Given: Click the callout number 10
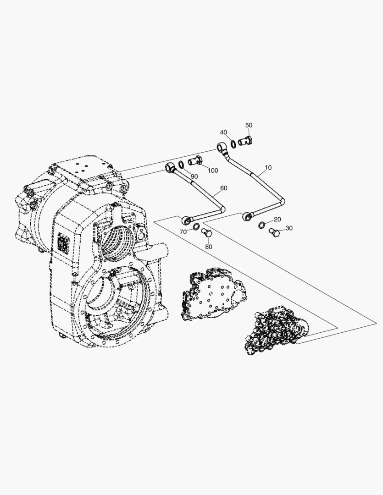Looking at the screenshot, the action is pos(268,167).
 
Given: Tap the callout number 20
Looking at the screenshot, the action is pos(277,220).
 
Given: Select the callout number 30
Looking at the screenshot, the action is pos(289,228).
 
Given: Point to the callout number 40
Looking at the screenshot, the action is pos(223,132).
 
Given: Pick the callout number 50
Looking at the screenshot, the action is pos(249,125).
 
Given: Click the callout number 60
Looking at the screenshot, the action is pos(223,188).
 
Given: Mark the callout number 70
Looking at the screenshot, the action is pos(183,232).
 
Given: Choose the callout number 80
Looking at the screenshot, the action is pos(209,247).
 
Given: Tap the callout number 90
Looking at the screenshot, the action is pos(194,176).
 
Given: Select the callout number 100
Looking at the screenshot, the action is pos(213,170).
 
